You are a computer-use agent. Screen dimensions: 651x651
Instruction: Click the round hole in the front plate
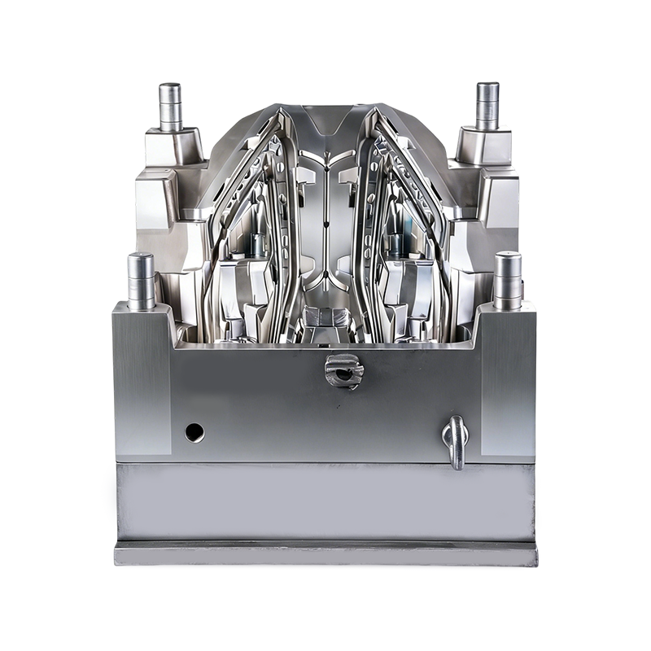tap(194, 432)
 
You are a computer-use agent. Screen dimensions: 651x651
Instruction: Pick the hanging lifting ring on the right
tap(456, 441)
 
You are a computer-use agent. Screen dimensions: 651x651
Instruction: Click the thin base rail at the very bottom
tap(325, 555)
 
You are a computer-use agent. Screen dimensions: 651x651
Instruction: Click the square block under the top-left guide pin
tap(173, 147)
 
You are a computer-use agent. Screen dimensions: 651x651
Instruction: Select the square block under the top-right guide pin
tap(483, 147)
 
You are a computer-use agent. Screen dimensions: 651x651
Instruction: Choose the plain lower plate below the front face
tap(325, 500)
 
